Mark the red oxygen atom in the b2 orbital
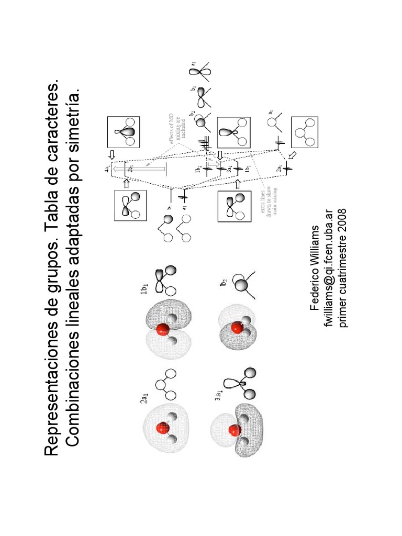coord(237,328)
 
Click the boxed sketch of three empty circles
coord(304,131)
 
